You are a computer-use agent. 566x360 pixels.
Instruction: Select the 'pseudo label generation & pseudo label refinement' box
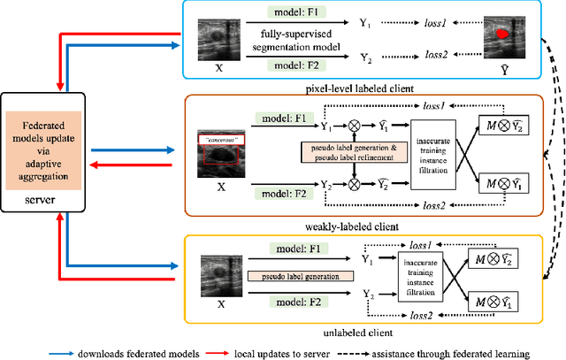point(348,151)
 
